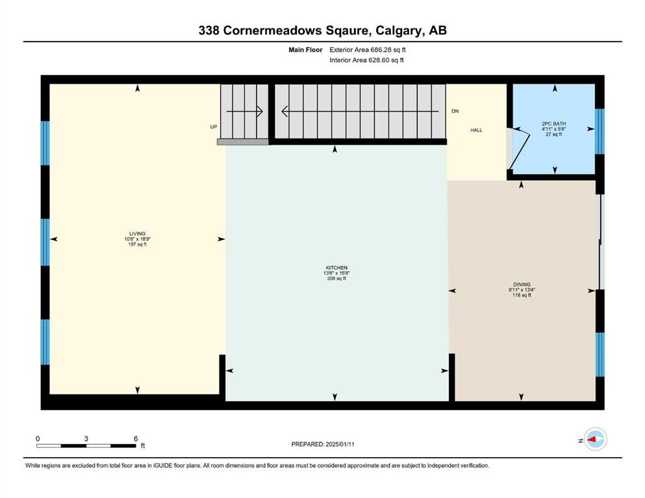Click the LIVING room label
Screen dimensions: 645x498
click(138, 233)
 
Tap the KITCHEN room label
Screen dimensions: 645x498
click(336, 268)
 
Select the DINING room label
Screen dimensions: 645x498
click(522, 285)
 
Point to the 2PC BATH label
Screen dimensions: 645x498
click(553, 124)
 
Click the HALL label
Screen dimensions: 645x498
click(476, 130)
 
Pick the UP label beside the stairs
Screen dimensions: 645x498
click(214, 127)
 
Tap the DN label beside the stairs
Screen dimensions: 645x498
click(455, 112)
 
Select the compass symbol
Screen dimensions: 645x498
click(595, 439)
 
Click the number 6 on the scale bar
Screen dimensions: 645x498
click(136, 438)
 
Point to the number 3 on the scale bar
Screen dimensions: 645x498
click(86, 438)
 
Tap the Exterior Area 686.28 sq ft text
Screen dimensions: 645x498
click(368, 50)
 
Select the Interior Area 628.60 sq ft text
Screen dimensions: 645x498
click(366, 60)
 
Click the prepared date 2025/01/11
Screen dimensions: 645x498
click(340, 444)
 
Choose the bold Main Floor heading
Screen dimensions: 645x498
click(305, 50)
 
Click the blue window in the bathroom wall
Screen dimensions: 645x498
click(600, 132)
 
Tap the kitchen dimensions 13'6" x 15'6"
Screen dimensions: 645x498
click(336, 273)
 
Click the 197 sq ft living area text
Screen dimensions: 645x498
click(138, 244)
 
